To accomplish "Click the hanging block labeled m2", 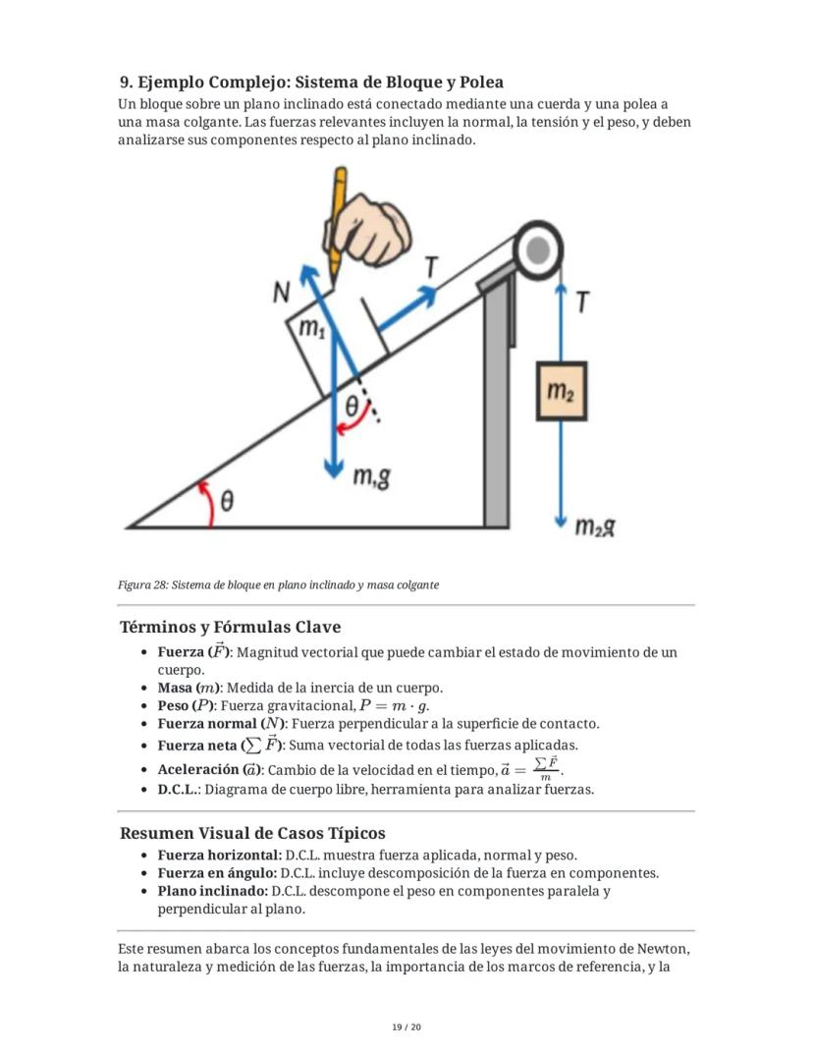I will point(561,392).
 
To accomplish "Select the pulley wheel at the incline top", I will point(537,251).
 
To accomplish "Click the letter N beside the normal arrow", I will point(282,292).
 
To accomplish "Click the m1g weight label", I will point(370,478).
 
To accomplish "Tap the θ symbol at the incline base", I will point(227,502).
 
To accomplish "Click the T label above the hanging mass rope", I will point(582,304).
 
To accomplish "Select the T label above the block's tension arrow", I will point(431,266).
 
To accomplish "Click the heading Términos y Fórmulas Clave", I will point(230,627).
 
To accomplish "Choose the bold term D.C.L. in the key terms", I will point(179,789).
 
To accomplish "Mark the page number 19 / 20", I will point(406,1027).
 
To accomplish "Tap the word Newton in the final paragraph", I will point(663,949).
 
